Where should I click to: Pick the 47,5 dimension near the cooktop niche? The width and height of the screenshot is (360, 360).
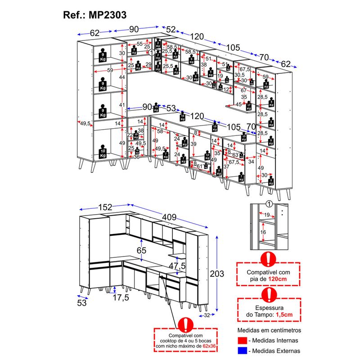pyautogui.click(x=178, y=265)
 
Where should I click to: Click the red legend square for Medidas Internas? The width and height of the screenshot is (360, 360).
pyautogui.click(x=243, y=340)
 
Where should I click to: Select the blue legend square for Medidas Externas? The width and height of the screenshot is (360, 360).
pyautogui.click(x=243, y=351)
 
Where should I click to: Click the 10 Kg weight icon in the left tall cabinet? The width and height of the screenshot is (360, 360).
pyautogui.click(x=103, y=152)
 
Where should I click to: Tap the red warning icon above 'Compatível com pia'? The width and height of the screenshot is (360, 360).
pyautogui.click(x=269, y=260)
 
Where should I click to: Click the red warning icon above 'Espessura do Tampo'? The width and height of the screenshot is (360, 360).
pyautogui.click(x=269, y=295)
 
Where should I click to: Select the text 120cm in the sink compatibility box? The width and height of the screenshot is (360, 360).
pyautogui.click(x=278, y=279)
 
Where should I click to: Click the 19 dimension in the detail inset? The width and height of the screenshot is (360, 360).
pyautogui.click(x=267, y=215)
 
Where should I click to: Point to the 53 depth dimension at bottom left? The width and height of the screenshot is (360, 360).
pyautogui.click(x=82, y=303)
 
